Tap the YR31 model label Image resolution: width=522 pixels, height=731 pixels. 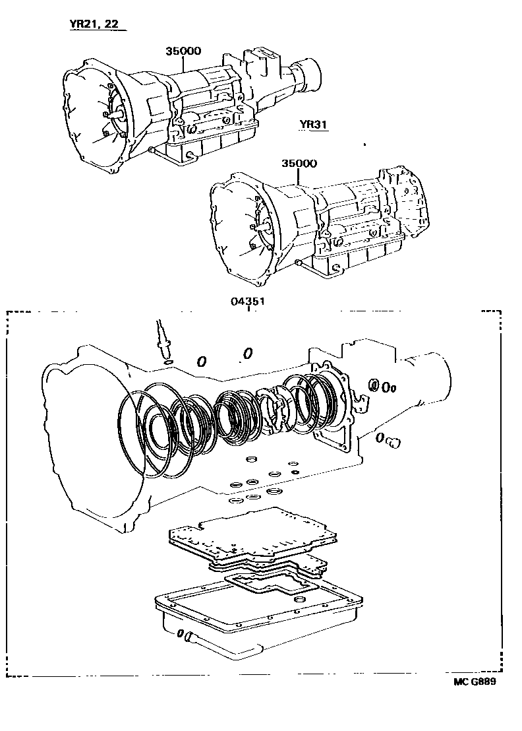click(x=313, y=125)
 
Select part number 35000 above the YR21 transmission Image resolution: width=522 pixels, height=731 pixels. click(x=183, y=51)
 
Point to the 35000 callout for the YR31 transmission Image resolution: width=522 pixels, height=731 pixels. click(x=299, y=163)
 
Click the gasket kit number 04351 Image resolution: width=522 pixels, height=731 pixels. click(x=248, y=301)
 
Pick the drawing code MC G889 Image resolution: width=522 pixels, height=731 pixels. click(x=475, y=682)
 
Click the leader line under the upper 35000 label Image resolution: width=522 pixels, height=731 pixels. click(x=183, y=64)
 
